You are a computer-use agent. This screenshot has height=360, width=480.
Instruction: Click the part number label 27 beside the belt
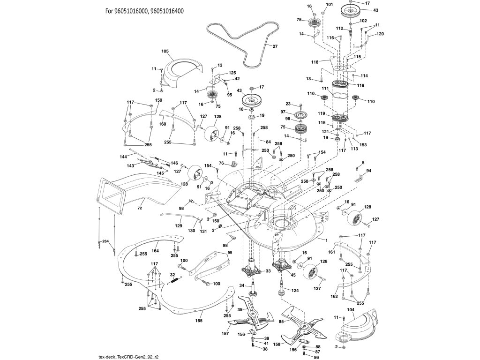click(275, 46)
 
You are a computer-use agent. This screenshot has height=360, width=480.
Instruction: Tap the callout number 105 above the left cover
click(165, 51)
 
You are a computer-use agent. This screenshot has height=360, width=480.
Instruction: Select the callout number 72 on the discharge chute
click(140, 207)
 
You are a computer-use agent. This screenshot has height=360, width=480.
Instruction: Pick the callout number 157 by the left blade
click(225, 333)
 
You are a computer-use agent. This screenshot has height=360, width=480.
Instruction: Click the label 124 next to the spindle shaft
click(295, 291)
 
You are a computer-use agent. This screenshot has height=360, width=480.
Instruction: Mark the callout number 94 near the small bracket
click(368, 171)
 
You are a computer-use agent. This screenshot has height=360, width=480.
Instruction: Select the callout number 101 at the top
click(329, 5)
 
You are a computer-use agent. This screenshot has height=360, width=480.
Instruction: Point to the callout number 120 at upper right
click(380, 34)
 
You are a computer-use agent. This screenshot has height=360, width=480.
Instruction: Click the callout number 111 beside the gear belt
click(325, 89)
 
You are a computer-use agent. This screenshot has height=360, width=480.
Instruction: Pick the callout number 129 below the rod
click(179, 226)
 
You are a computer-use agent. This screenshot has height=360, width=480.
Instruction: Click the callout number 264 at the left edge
click(105, 241)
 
